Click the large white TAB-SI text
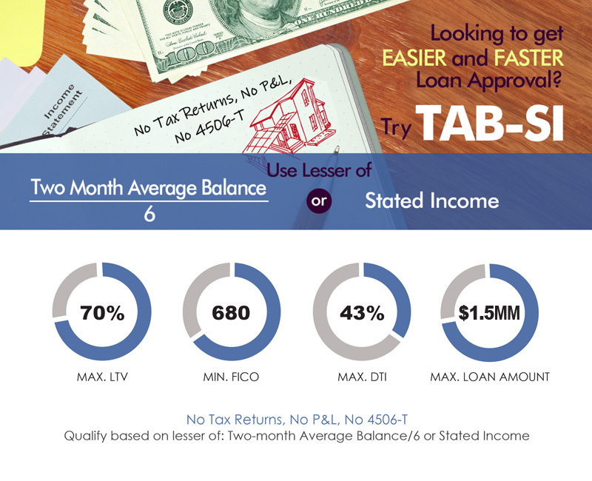(x=490, y=123)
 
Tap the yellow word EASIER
(x=414, y=58)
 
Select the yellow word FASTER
(x=528, y=58)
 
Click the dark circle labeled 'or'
(x=319, y=201)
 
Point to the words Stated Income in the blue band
(x=432, y=201)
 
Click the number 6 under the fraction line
(x=149, y=214)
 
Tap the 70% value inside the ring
(x=102, y=312)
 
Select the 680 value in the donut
(x=231, y=312)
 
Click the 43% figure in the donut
(x=362, y=312)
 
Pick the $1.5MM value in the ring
(x=489, y=312)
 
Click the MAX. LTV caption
(x=102, y=377)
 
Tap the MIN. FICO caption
(x=231, y=377)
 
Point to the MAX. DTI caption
(x=362, y=377)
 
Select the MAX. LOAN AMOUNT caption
(x=490, y=377)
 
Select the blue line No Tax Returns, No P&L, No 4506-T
(x=297, y=420)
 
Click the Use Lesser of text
(x=319, y=170)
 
